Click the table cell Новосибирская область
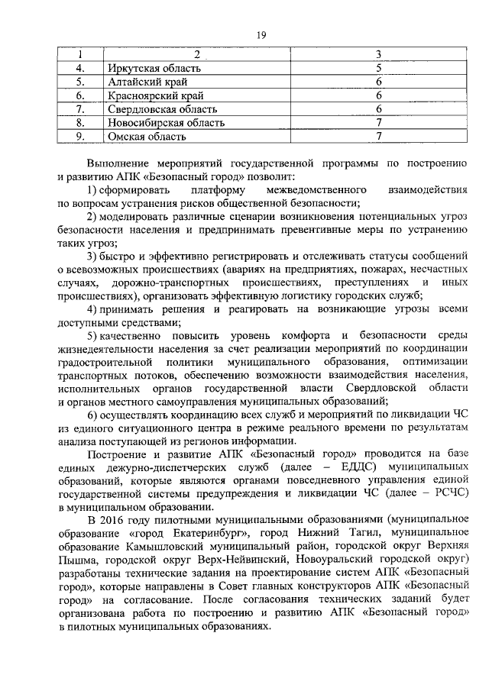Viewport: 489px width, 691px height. [x=167, y=122]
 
